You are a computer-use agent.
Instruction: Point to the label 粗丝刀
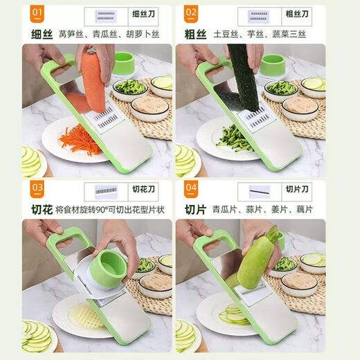point(298,15)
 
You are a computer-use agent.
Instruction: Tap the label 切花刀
point(142,189)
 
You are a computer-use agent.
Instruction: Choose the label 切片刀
point(298,189)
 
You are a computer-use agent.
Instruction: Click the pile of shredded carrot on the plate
point(80,141)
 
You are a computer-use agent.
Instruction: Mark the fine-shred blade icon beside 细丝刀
point(105,15)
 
